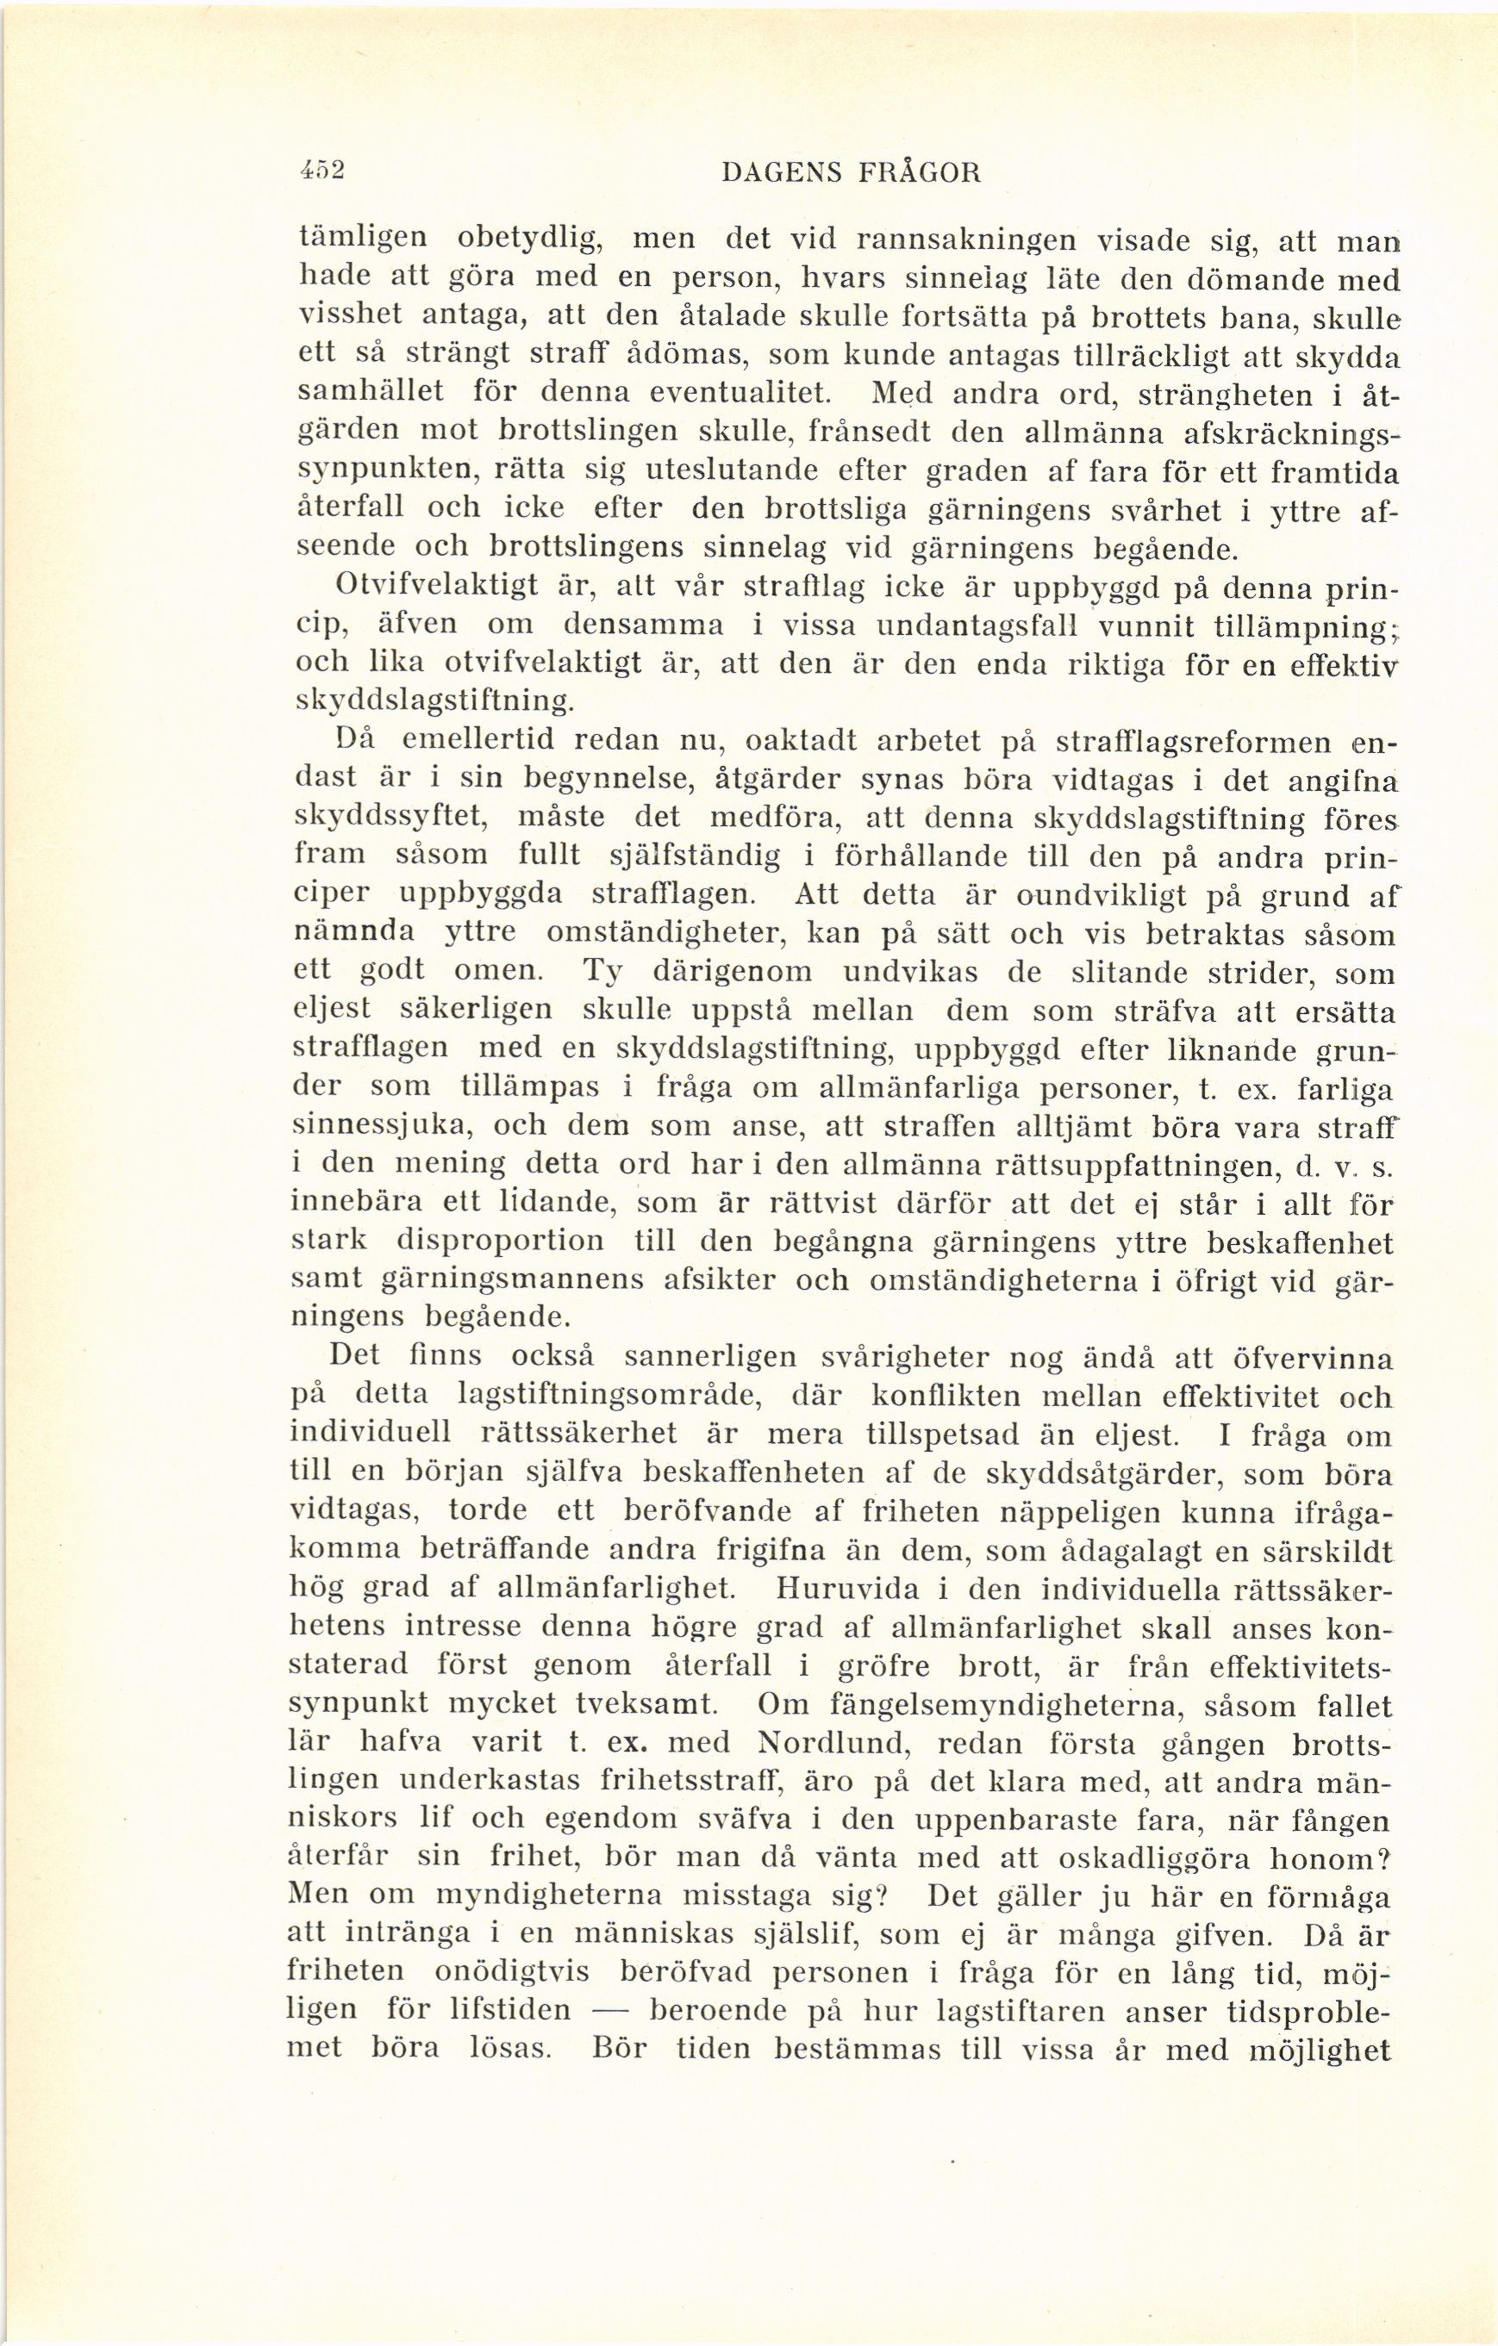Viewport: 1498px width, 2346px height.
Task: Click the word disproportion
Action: [x=501, y=1242]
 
